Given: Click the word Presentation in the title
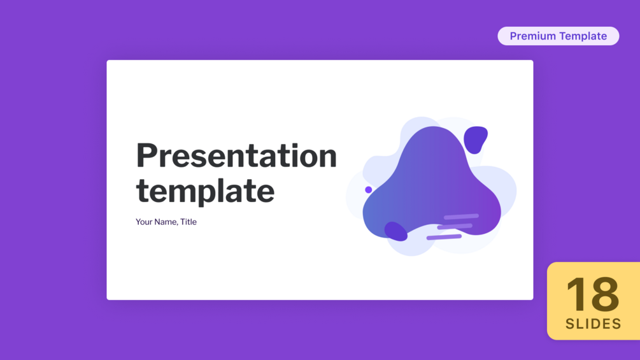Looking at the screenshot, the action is (x=236, y=155).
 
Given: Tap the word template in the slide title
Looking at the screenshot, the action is (x=205, y=191).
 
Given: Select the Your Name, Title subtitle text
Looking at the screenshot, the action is (x=166, y=222).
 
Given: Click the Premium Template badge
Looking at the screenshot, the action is (x=558, y=36).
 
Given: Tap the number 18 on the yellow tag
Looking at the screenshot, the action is (x=593, y=294).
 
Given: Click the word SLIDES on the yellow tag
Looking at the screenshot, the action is (x=594, y=324).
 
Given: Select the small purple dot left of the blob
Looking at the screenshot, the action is (x=368, y=189).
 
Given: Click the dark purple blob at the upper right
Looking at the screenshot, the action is (x=475, y=140).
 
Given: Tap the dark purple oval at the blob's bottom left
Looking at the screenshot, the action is (x=395, y=231).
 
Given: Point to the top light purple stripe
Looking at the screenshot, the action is (x=461, y=217).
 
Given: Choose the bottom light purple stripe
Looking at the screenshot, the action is (x=444, y=237).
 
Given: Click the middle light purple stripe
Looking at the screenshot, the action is (x=455, y=227).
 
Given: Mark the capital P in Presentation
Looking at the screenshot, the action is (x=146, y=155).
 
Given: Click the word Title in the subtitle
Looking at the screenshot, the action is (x=188, y=222).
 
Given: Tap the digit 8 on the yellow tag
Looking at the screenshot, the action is (x=605, y=294).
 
